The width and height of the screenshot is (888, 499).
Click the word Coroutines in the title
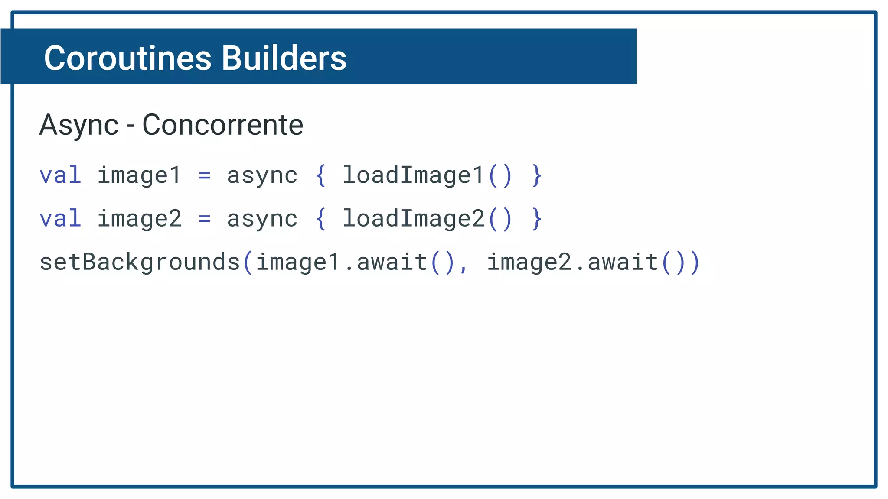127,58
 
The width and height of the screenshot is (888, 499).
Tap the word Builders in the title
284,58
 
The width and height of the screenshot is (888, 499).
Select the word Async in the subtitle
78,125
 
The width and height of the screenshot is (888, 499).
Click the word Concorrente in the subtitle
222,125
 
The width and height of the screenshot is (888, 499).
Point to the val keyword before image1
60,175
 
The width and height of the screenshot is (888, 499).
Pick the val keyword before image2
60,219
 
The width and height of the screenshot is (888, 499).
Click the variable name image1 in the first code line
139,175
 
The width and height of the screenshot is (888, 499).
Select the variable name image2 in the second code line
139,219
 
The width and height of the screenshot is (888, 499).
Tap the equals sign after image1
204,175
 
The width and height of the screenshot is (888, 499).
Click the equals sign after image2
204,219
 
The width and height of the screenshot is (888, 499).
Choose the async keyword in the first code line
262,175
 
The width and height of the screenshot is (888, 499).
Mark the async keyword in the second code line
262,219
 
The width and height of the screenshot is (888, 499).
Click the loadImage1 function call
413,175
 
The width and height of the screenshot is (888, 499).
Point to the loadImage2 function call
413,219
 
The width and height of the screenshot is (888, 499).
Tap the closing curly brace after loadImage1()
537,175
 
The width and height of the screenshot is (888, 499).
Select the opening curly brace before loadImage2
320,219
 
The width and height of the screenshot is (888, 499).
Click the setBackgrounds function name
140,262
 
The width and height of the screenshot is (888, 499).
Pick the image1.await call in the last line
341,262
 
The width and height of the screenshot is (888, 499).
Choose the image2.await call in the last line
572,262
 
